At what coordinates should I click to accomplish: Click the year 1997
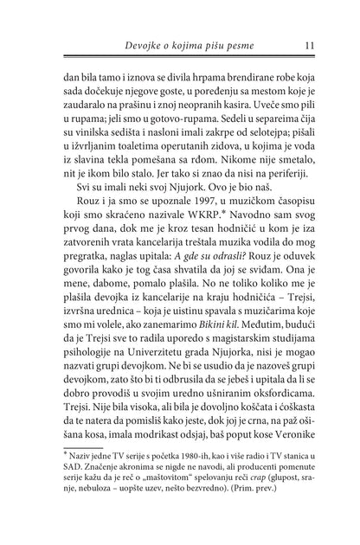click(x=179, y=217)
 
